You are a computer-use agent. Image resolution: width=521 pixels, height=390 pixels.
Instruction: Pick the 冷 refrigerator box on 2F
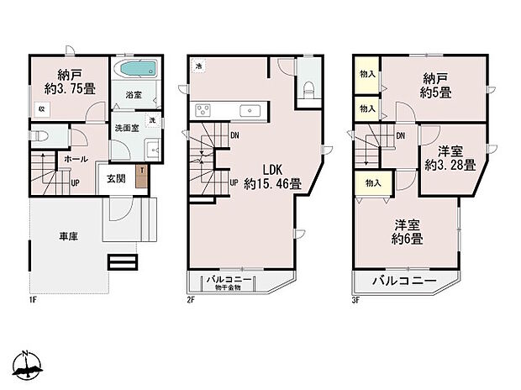pos(197,66)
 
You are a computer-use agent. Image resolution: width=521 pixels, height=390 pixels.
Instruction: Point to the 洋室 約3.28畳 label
pos(450,157)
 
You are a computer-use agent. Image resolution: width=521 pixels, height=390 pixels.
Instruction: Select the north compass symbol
pos(27,363)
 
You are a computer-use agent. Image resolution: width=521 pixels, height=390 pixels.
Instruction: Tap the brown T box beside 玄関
pos(142,171)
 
